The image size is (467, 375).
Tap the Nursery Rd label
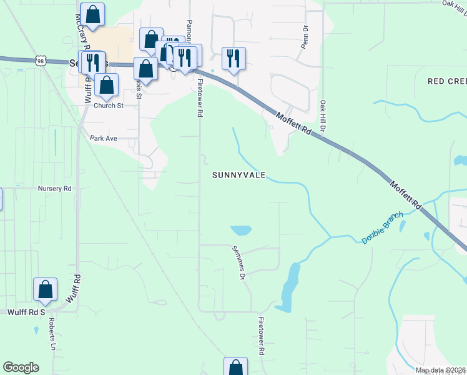[55, 188]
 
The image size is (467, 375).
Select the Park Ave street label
[104, 138]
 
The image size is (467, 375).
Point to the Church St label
[109, 106]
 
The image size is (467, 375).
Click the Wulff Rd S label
[27, 311]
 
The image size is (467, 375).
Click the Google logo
[21, 367]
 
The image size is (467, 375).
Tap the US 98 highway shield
[41, 61]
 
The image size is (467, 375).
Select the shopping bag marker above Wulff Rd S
[45, 289]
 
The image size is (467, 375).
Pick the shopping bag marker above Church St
[107, 85]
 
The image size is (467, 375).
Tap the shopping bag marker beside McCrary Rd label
[92, 14]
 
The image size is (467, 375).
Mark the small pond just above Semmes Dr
[240, 230]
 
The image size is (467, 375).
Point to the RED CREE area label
[446, 82]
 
